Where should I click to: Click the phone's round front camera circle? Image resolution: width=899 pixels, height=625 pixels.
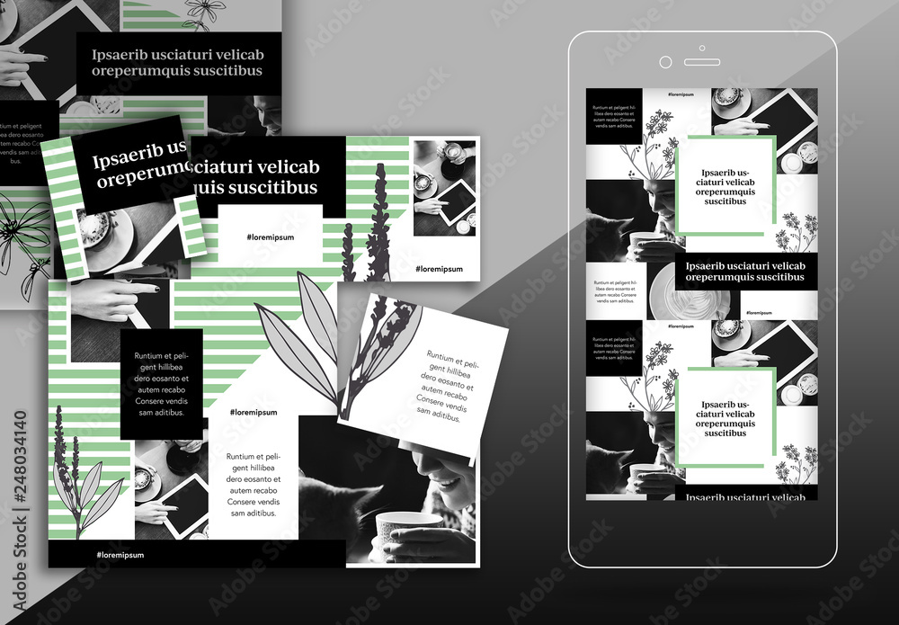pyautogui.click(x=665, y=62)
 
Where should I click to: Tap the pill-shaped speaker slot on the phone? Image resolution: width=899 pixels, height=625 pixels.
pyautogui.click(x=701, y=62)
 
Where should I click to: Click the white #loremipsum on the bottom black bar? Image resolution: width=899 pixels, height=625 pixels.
pyautogui.click(x=120, y=555)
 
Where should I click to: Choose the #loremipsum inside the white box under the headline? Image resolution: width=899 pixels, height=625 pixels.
pyautogui.click(x=270, y=237)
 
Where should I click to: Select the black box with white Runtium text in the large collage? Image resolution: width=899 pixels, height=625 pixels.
pyautogui.click(x=161, y=384)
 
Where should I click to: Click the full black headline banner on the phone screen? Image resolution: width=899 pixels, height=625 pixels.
pyautogui.click(x=745, y=271)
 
